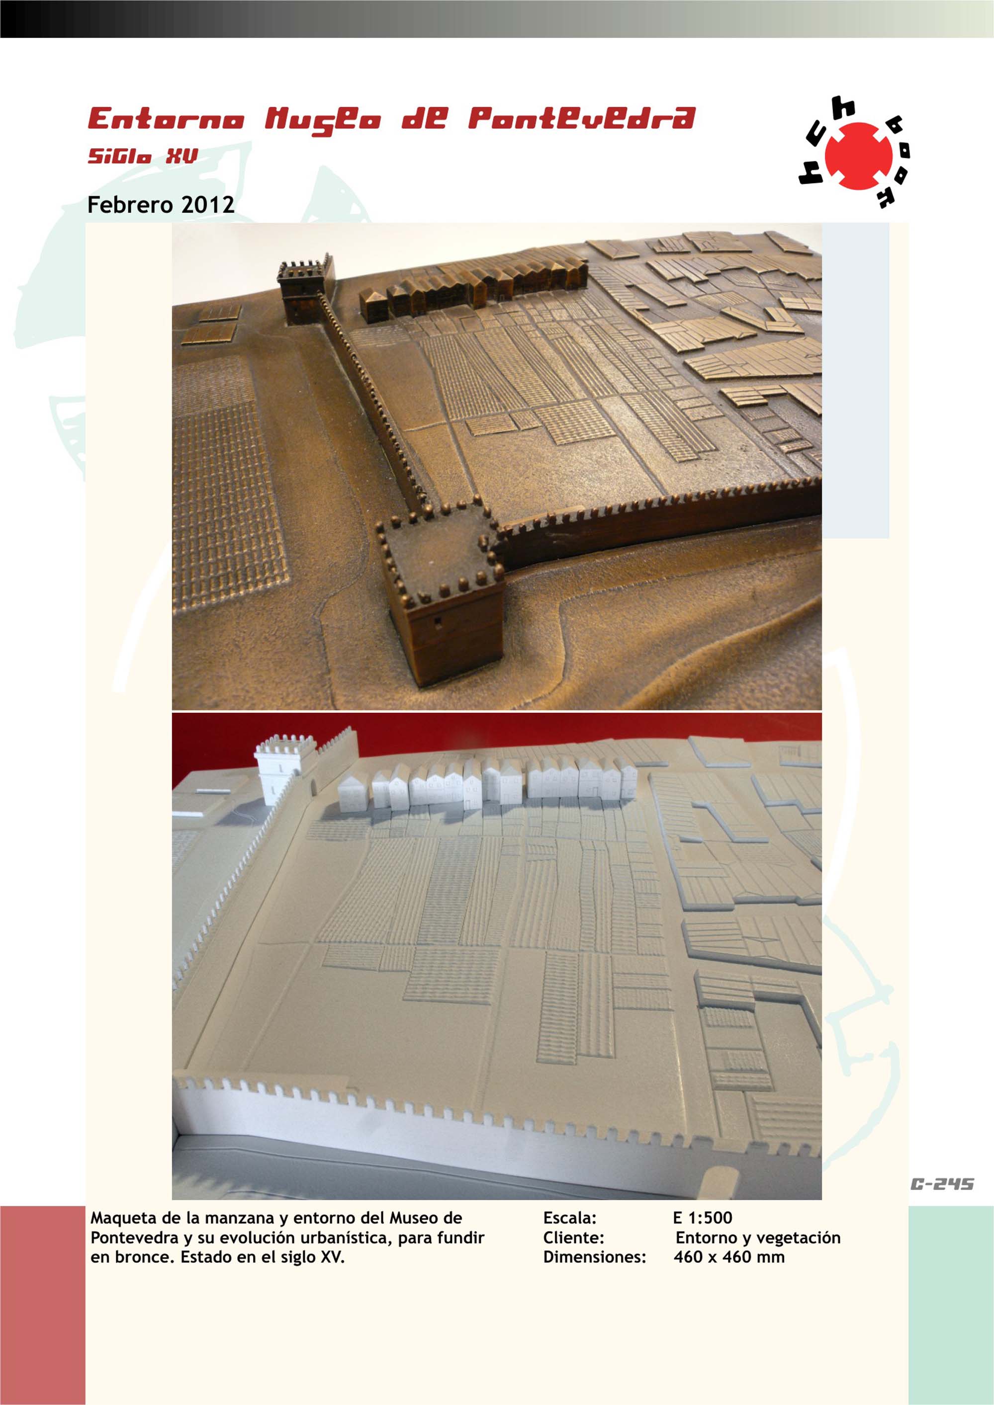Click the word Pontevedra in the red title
[581, 119]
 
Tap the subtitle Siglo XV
[143, 157]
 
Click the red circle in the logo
[858, 156]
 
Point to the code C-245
[942, 1184]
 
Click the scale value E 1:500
[703, 1218]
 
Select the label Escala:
[570, 1218]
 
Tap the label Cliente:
[573, 1238]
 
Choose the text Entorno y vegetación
[758, 1238]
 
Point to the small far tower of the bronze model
[305, 289]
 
